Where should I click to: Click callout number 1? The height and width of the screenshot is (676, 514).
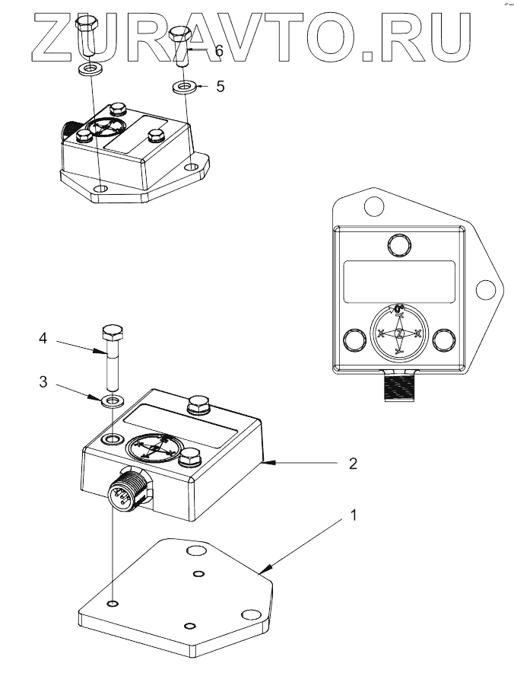(x=353, y=515)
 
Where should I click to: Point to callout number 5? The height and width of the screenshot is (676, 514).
(x=221, y=87)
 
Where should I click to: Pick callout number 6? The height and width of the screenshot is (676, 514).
(x=218, y=51)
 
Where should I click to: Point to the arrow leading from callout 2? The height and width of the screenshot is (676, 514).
(x=289, y=462)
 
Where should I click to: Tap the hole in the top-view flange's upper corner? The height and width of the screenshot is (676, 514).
(x=372, y=205)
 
